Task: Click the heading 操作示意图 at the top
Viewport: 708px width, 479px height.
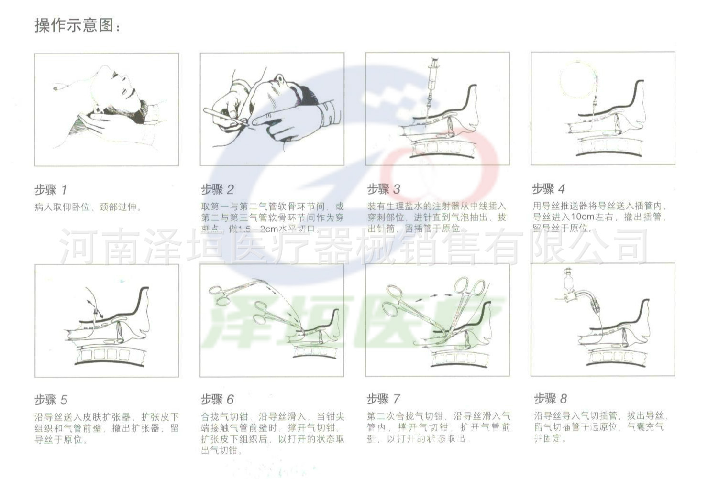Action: coord(77,25)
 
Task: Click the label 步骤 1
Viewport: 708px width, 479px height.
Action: coord(51,190)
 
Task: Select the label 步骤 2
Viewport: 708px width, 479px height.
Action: coord(217,189)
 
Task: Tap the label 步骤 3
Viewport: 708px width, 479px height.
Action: coord(383,189)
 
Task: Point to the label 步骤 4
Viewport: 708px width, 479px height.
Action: coord(548,188)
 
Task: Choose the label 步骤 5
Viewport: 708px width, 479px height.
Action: coord(51,400)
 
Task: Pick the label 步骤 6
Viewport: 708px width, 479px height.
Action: coord(217,399)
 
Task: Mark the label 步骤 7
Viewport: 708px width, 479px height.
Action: coord(383,399)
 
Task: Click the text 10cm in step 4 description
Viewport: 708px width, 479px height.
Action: coord(582,217)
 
